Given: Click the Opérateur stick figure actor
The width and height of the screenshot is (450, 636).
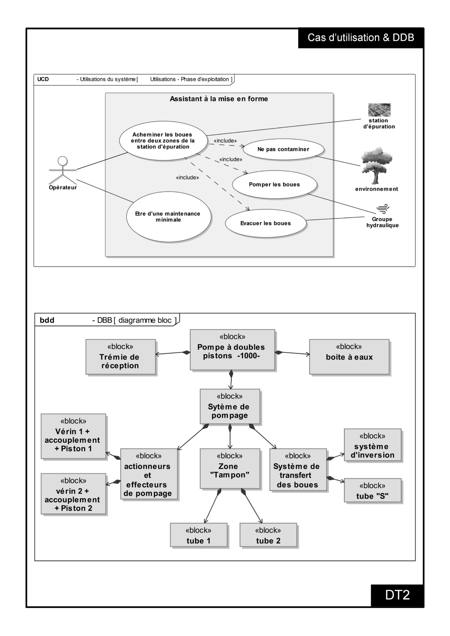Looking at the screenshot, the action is click(63, 170).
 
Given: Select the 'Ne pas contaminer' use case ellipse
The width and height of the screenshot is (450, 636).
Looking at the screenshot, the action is click(283, 149).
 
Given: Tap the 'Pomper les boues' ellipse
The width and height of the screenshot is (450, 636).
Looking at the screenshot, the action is click(275, 184).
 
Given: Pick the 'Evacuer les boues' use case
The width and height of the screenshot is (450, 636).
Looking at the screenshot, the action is click(266, 223).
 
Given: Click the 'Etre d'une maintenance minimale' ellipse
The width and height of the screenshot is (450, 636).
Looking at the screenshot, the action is click(169, 217).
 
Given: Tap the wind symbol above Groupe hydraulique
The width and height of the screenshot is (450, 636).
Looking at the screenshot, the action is click(383, 209).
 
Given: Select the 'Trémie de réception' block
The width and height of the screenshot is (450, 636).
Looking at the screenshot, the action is click(121, 357).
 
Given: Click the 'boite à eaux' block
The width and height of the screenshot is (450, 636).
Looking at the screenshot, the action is click(349, 357).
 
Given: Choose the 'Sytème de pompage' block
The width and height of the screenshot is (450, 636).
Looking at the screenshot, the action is click(230, 406).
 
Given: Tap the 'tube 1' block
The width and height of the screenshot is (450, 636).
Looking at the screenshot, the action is click(199, 535).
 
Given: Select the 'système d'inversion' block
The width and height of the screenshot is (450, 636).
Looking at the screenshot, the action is click(373, 445).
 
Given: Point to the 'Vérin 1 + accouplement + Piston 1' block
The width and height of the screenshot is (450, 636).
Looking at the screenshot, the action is click(73, 436).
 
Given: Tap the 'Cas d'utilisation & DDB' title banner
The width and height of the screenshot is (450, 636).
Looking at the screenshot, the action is click(361, 38).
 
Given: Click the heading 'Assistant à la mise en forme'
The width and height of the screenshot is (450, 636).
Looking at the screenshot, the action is click(219, 99).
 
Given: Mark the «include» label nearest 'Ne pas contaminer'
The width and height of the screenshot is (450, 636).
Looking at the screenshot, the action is click(225, 141).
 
